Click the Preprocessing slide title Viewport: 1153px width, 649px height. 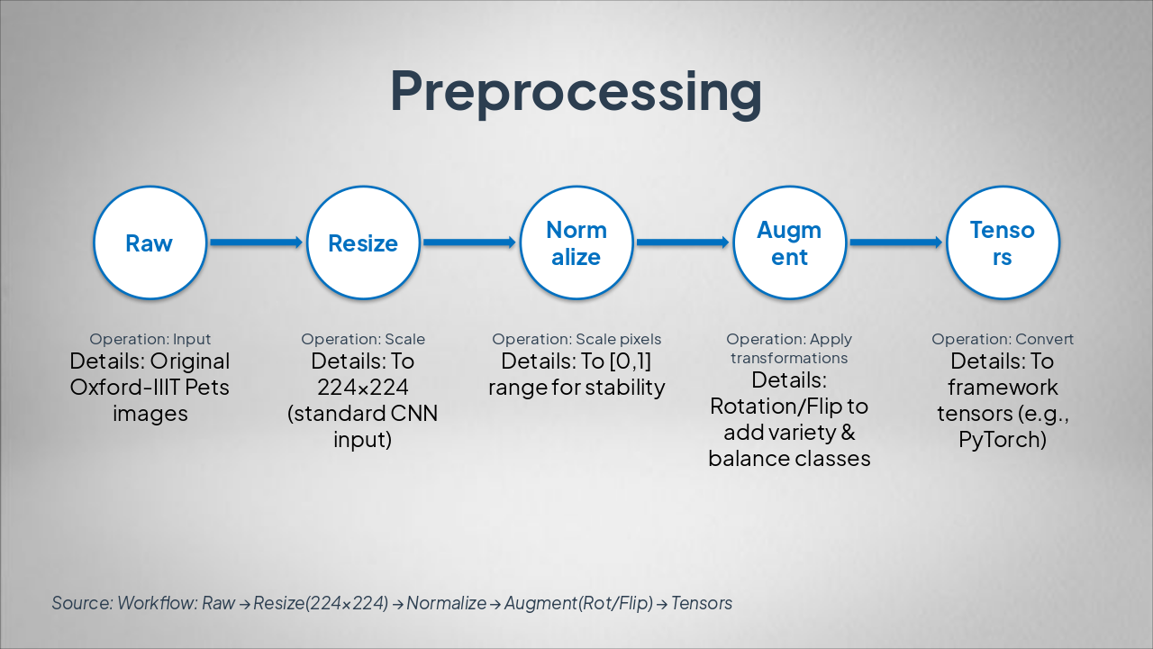[576, 91]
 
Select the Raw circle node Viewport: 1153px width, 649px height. [150, 243]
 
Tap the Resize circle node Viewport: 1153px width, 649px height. [363, 243]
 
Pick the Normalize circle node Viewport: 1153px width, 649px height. [576, 243]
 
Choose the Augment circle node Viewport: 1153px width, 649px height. [789, 243]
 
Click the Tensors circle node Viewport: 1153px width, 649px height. [1003, 243]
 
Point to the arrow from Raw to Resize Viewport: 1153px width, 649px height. [256, 242]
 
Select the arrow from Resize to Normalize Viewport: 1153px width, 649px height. [469, 242]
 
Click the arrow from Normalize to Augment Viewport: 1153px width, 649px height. [683, 242]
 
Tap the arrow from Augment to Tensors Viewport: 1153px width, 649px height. [895, 242]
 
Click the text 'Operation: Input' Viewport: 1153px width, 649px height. [150, 340]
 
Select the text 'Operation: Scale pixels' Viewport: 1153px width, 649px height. [576, 340]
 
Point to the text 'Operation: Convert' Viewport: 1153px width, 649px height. [1003, 340]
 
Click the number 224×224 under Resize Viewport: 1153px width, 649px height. [363, 388]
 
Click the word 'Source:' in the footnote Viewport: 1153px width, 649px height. [81, 603]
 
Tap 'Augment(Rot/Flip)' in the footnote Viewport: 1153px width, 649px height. [578, 603]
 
